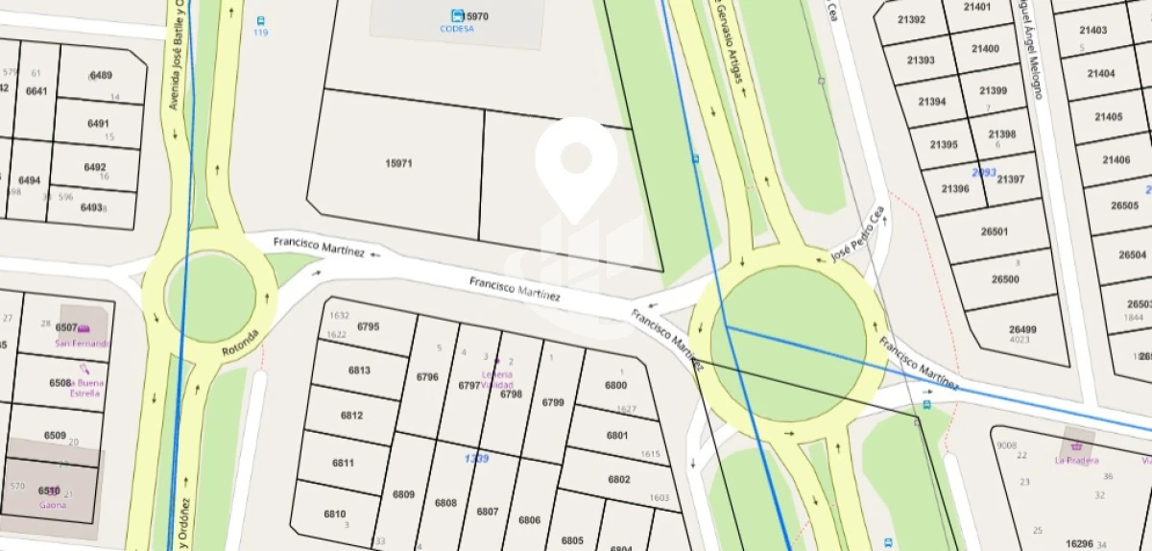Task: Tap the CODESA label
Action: [x=457, y=29]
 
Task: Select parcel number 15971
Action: [x=398, y=163]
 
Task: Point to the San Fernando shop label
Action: [x=83, y=343]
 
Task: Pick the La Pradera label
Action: [x=1076, y=460]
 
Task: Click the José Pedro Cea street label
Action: [x=856, y=233]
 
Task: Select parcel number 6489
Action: [x=100, y=76]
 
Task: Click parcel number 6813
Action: [x=359, y=371]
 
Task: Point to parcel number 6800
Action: [x=616, y=386]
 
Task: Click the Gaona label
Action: [x=53, y=504]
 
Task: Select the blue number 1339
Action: [x=477, y=458]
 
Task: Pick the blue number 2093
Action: [x=984, y=172]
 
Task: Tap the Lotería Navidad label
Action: [x=497, y=379]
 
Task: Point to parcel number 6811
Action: [x=344, y=463]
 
